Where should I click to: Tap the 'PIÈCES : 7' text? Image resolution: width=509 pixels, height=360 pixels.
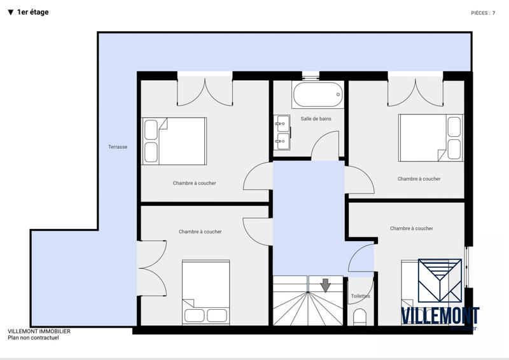coord(483,13)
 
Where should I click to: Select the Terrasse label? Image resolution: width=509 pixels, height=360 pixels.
coord(118,147)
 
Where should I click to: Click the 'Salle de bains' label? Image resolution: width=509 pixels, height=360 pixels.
coord(316,119)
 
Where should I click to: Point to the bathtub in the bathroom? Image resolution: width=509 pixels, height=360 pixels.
coord(317,95)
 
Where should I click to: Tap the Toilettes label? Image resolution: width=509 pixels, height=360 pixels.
coord(360,296)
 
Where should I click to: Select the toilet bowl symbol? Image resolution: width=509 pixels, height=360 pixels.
coord(360,316)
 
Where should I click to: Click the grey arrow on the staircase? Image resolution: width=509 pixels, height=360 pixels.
coord(326,285)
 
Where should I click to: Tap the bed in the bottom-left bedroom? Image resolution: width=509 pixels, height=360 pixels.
coord(206,292)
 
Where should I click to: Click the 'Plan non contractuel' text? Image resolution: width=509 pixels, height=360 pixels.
coord(33,338)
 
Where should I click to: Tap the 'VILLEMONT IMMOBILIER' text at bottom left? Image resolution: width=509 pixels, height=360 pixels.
coord(39,331)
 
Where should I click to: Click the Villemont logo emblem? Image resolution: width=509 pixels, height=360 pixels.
coord(440,280)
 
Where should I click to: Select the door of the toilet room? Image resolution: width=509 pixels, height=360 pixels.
coord(362,260)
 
